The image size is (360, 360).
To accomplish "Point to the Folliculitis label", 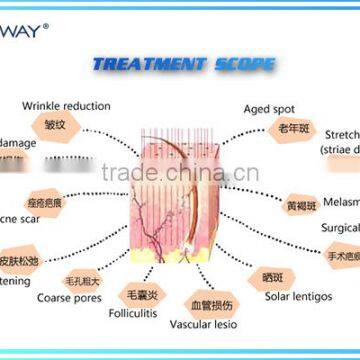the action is [x=134, y=313].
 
